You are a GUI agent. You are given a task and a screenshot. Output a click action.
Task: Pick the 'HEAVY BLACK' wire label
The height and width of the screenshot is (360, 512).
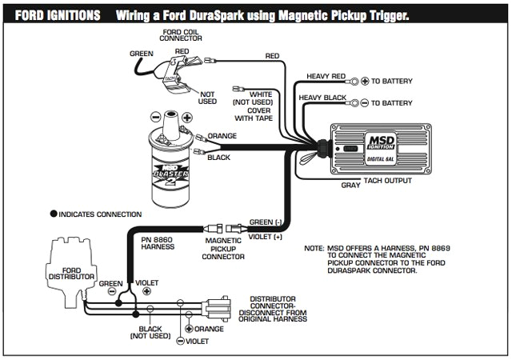click(x=322, y=98)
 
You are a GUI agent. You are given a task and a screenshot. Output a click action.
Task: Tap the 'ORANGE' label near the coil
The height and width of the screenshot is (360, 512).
click(x=222, y=136)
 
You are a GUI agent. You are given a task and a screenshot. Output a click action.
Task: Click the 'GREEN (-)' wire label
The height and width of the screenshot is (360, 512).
click(x=266, y=222)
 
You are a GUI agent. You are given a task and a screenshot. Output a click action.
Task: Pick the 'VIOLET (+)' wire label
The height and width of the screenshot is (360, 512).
click(x=266, y=238)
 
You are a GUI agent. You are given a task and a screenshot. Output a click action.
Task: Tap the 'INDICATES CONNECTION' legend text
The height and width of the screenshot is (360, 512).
click(x=100, y=214)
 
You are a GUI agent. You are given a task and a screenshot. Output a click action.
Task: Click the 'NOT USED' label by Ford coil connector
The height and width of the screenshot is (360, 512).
click(x=208, y=98)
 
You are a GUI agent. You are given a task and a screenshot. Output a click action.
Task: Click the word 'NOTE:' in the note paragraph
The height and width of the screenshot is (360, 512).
click(x=314, y=249)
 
